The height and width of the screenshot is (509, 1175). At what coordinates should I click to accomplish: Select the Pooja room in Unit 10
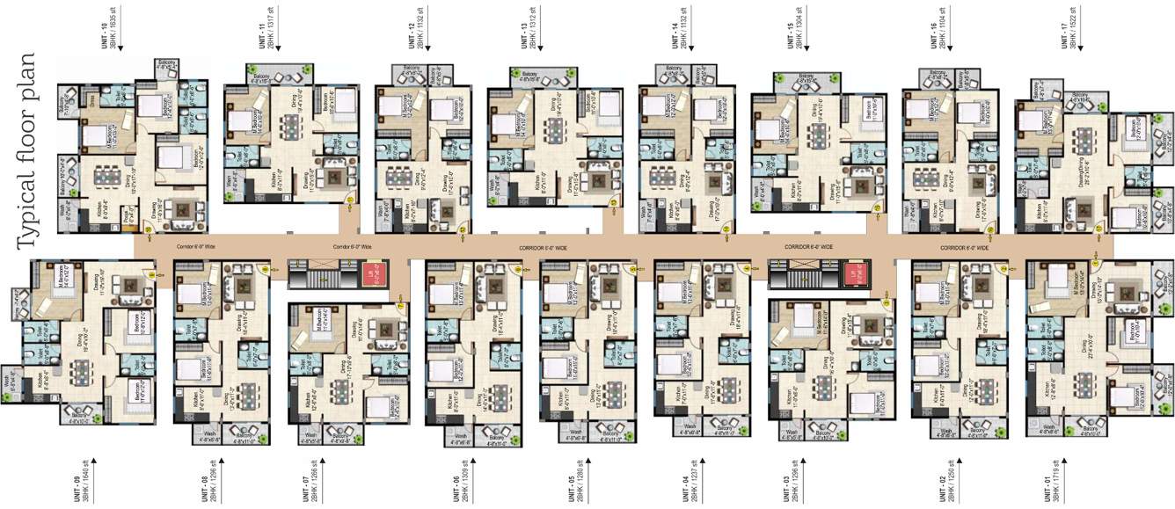127,213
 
